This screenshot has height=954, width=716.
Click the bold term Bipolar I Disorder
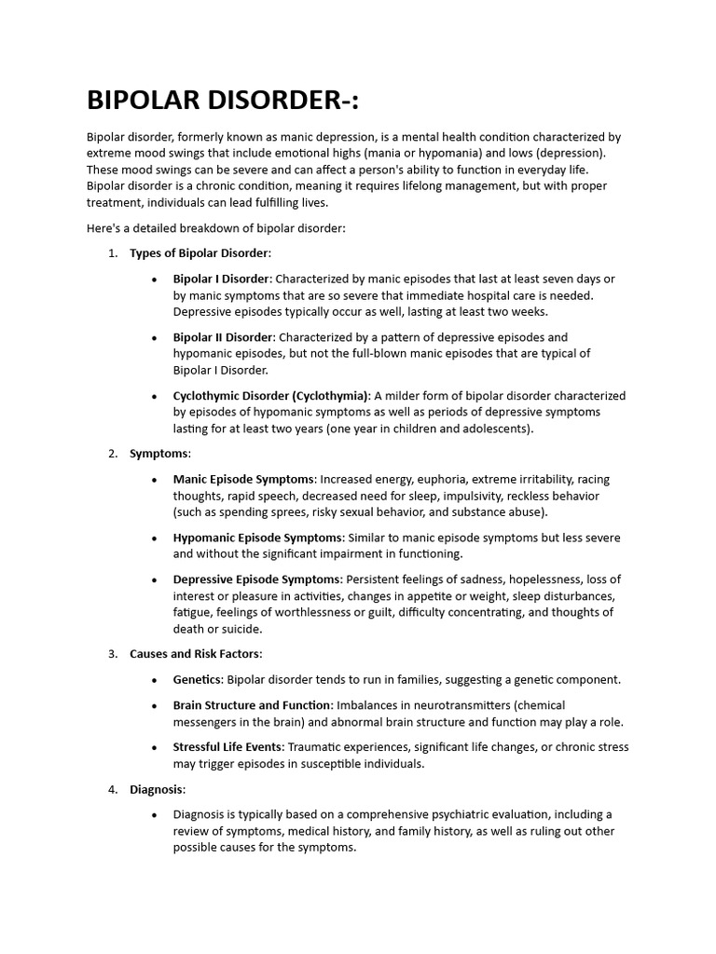(x=221, y=279)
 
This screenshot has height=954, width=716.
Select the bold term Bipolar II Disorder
(x=223, y=337)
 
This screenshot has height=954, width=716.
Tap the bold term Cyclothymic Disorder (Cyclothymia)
(x=271, y=396)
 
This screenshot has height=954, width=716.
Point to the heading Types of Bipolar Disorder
(x=199, y=253)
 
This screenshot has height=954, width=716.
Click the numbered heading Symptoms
(x=158, y=454)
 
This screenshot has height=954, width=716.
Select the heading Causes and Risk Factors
(x=195, y=654)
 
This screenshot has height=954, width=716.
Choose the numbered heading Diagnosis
(x=157, y=789)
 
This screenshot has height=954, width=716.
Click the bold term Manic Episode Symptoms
(x=243, y=480)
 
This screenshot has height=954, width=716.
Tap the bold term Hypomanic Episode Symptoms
(x=258, y=538)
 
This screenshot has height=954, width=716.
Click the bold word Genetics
(x=197, y=680)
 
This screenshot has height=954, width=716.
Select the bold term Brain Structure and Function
(x=252, y=705)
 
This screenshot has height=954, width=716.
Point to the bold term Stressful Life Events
(x=228, y=747)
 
